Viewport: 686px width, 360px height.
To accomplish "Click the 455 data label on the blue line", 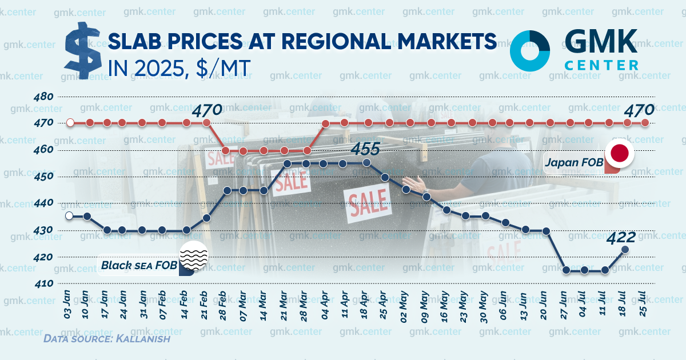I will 365,149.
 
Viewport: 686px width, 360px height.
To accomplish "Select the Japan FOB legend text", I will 574,163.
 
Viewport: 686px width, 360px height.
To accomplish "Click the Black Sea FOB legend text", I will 139,265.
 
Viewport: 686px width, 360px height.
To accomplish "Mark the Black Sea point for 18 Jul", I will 625,249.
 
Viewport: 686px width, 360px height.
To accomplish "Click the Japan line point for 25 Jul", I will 645,122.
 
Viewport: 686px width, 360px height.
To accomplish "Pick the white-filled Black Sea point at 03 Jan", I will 69,215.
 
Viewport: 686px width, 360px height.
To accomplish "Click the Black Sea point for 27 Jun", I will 566,270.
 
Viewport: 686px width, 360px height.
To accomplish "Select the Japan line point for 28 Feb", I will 226,150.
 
